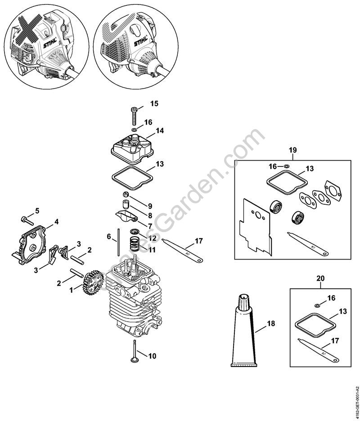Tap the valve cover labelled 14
pos(131,147)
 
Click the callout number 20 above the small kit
pos(320,278)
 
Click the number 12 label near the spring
pos(153,237)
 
